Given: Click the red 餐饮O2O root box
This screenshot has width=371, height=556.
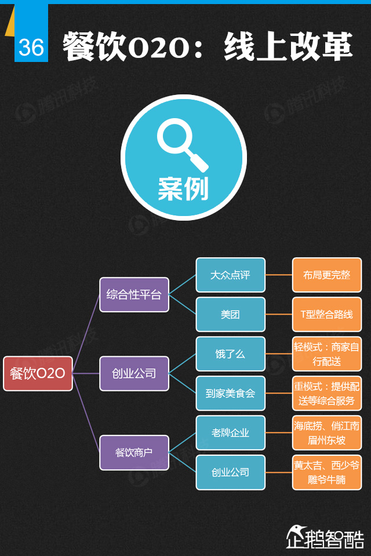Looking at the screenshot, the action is coord(38,374).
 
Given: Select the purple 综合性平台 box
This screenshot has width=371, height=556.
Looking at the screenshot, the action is coord(134,295).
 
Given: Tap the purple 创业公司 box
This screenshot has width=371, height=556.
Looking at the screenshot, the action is coord(134,374).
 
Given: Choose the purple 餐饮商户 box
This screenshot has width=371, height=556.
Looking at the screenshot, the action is coord(134,452).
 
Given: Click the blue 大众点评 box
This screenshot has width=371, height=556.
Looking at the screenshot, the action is coord(230,275).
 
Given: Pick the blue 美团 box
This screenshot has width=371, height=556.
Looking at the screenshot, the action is coord(230,314).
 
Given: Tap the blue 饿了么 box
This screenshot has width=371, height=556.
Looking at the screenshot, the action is coord(230,354).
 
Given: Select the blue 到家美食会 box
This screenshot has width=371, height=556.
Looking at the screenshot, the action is coord(230,393).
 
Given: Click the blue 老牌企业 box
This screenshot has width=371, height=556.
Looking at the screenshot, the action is coord(230,433).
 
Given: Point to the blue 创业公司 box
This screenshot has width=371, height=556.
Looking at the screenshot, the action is coord(230,472).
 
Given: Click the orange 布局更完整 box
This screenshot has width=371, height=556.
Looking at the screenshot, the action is coord(326,275).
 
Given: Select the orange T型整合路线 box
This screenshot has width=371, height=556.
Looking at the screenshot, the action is coord(326,314).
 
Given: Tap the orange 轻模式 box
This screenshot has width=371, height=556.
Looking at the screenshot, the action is coord(326,354).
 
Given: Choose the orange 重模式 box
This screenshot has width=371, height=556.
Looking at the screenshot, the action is coord(326,393).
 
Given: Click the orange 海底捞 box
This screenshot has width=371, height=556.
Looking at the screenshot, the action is coord(326,433).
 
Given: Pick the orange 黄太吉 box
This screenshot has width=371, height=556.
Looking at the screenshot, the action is coord(326,472).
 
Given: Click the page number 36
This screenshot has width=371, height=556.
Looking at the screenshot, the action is coord(31,47).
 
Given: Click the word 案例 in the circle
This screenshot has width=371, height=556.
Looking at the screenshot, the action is coord(183,189).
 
